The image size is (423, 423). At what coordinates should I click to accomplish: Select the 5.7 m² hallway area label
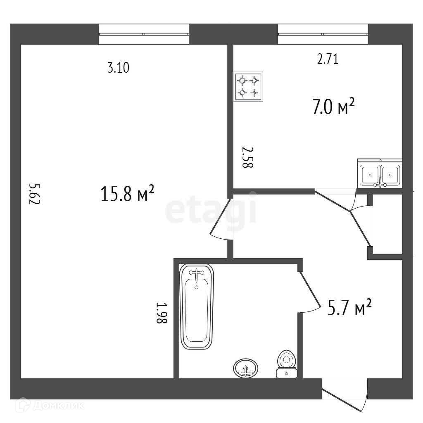349,308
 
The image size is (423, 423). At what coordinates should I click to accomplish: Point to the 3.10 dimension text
119,68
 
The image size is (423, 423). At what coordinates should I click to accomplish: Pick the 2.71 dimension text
328,59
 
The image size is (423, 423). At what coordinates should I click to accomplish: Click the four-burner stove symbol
248,87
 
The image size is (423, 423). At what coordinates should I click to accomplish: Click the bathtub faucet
197,273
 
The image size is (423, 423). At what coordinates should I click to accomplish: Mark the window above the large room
143,34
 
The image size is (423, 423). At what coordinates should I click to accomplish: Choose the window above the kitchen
323,34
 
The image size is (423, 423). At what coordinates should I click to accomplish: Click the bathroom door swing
309,293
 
